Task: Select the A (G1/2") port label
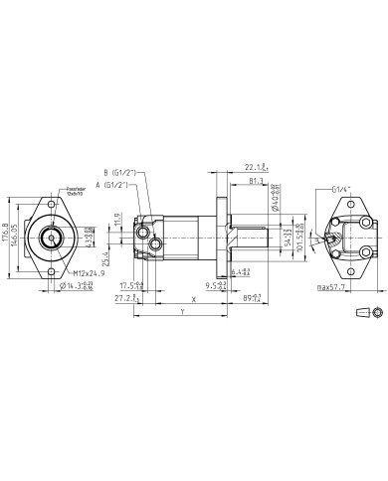[x=113, y=185]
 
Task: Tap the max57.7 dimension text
[x=337, y=286]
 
